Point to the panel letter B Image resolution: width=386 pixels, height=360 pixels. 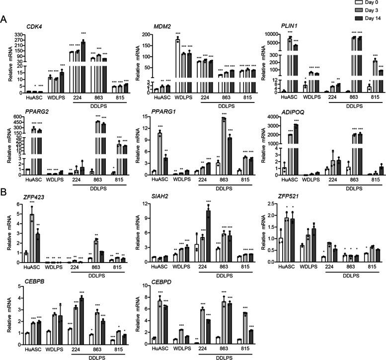(x=4, y=192)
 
